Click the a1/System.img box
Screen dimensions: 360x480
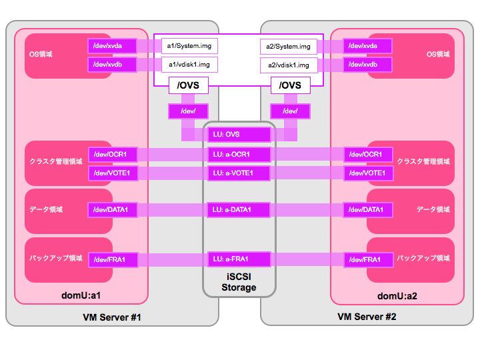tap(189, 46)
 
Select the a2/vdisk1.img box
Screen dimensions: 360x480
tap(288, 65)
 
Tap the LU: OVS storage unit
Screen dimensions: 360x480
tap(239, 134)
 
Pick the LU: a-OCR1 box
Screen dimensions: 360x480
tap(239, 155)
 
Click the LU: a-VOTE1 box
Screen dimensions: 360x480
tap(239, 173)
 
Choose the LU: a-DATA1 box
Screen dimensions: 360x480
tap(239, 210)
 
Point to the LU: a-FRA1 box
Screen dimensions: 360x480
tap(239, 259)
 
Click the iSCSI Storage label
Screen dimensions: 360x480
tap(239, 283)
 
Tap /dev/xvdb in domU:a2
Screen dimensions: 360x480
tap(367, 65)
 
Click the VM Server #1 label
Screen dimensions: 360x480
tap(112, 317)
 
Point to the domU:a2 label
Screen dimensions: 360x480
tap(397, 295)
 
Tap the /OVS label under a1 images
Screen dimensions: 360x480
tap(189, 85)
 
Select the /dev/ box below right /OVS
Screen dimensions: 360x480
tap(291, 111)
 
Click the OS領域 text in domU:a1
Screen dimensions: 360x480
tap(41, 54)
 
